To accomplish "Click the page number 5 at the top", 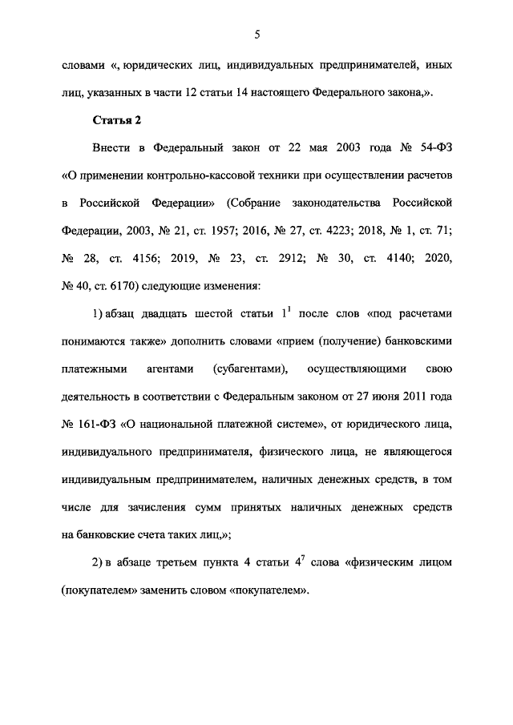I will pyautogui.click(x=256, y=34).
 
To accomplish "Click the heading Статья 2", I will pyautogui.click(x=117, y=121).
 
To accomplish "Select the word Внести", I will pyautogui.click(x=110, y=148).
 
